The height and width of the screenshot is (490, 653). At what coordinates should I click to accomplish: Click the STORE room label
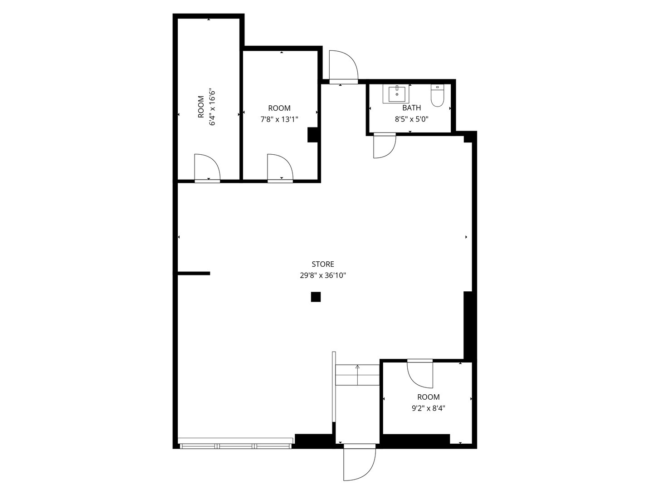click(x=323, y=264)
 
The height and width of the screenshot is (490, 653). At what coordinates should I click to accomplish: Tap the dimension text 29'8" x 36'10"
click(x=323, y=275)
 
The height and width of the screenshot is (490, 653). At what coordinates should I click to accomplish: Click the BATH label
click(x=411, y=108)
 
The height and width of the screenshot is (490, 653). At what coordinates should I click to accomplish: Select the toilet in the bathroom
click(x=437, y=95)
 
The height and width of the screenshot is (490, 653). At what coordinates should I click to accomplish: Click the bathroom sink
click(x=397, y=94)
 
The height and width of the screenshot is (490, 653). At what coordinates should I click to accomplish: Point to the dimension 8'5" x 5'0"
click(x=411, y=119)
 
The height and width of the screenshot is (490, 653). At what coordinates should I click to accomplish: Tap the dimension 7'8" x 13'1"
click(x=279, y=120)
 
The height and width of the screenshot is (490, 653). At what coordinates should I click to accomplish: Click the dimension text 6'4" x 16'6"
click(x=212, y=107)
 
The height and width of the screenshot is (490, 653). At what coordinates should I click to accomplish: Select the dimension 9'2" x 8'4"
click(x=429, y=408)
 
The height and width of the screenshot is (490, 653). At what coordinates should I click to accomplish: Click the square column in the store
click(x=316, y=297)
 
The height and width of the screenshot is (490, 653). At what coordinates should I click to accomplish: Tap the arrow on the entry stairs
click(x=357, y=375)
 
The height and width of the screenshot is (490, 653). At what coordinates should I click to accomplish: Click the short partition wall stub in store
click(x=194, y=274)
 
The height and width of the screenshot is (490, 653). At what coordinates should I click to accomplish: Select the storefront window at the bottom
click(x=235, y=443)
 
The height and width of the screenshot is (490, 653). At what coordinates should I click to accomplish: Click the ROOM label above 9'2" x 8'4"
click(x=429, y=397)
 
